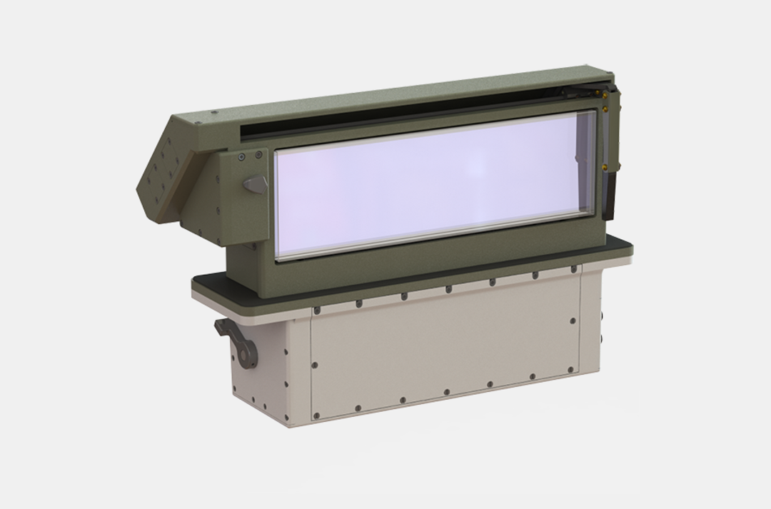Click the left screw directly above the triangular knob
click(242, 157)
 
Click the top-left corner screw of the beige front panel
click(315, 311)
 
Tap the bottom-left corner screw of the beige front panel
click(315, 412)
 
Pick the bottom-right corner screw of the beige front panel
click(569, 370)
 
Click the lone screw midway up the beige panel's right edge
click(573, 321)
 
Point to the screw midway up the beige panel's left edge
click(314, 365)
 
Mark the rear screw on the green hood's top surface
click(214, 111)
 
